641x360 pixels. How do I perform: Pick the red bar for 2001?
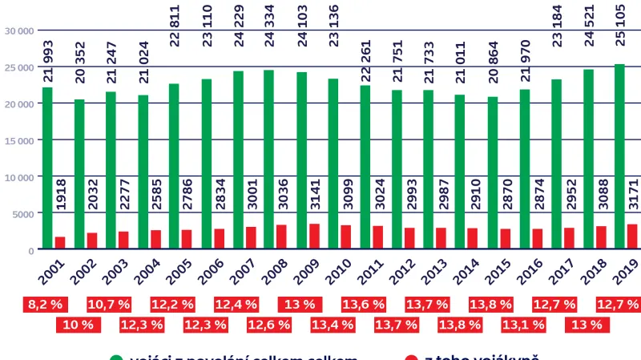pyautogui.click(x=60, y=243)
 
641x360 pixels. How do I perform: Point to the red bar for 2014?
pyautogui.click(x=473, y=239)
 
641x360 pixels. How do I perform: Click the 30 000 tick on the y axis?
pyautogui.click(x=18, y=30)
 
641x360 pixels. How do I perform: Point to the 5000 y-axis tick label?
pyautogui.click(x=22, y=213)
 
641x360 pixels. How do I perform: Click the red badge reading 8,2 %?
pyautogui.click(x=46, y=305)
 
